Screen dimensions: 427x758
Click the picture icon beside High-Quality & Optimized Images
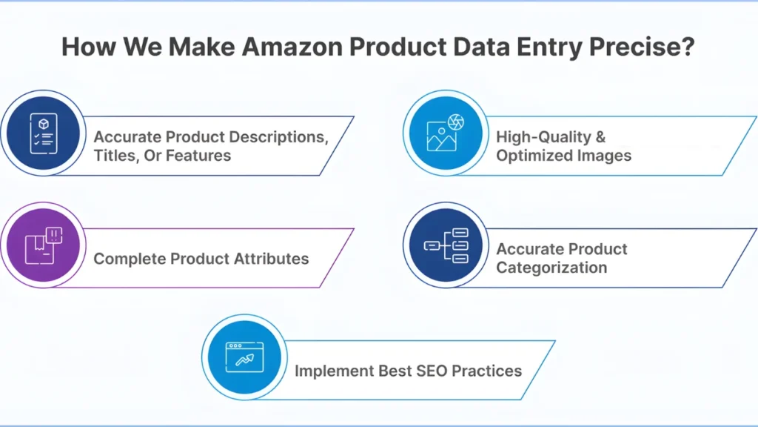point(445,133)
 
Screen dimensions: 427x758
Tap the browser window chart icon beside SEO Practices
point(244,357)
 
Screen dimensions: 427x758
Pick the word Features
point(198,156)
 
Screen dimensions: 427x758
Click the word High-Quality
point(541,136)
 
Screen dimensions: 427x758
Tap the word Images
point(604,156)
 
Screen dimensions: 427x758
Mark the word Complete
point(130,259)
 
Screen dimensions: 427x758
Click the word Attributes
point(269,259)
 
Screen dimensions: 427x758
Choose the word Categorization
point(551,268)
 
